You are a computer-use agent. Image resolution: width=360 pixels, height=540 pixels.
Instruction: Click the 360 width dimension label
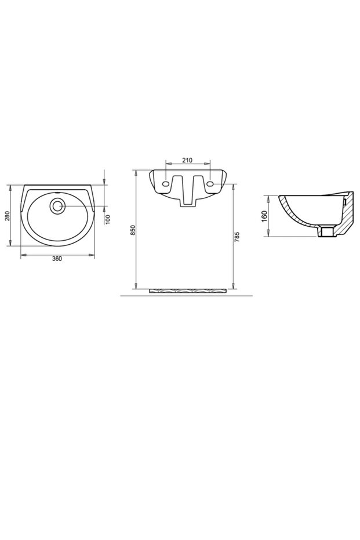(57, 259)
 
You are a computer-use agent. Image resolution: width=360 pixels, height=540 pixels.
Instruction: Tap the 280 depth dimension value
(8, 216)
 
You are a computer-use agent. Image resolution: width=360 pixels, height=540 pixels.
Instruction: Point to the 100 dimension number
(108, 219)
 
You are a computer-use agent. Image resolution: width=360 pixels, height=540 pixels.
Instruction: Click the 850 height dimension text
(132, 230)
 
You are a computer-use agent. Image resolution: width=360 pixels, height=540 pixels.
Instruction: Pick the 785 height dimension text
(237, 236)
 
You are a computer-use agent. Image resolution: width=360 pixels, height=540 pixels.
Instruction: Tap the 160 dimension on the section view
(264, 217)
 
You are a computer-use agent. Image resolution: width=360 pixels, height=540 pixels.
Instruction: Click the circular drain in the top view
(57, 205)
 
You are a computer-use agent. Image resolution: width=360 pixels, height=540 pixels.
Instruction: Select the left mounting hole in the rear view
(166, 183)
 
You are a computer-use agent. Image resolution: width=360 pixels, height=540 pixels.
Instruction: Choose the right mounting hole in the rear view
(210, 183)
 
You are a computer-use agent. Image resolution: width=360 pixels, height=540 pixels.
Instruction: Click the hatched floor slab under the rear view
(188, 290)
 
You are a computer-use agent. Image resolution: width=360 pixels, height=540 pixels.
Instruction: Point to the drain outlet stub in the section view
(328, 231)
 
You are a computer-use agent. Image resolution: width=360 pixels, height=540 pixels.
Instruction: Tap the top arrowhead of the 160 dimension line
(268, 197)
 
